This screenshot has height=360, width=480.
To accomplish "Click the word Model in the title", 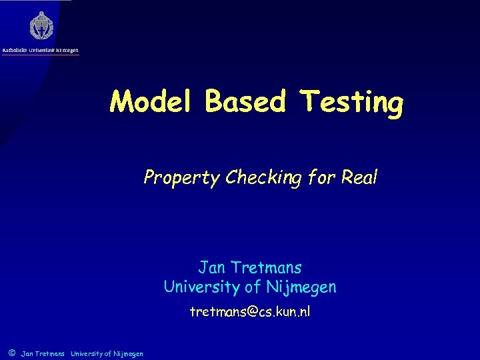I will pos(153,102).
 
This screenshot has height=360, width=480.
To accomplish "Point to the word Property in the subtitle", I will pos(181,178).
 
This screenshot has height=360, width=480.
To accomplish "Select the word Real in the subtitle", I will pos(359,177).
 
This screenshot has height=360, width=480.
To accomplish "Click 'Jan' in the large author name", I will pos(212,268).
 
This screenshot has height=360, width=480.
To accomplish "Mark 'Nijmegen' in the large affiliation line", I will pos(304,287).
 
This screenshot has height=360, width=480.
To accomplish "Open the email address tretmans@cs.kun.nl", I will pos(250,311).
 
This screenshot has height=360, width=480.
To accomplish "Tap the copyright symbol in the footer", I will pos(12,353).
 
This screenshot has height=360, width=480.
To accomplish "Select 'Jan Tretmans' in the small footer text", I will pos(43,353).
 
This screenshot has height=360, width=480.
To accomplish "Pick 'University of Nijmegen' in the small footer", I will pos(107,353).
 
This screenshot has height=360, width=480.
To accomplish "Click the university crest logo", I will pos(41,26).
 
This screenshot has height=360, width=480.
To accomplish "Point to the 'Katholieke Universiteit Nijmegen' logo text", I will pos(41,49).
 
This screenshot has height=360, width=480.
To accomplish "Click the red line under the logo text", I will pos(41,55).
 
